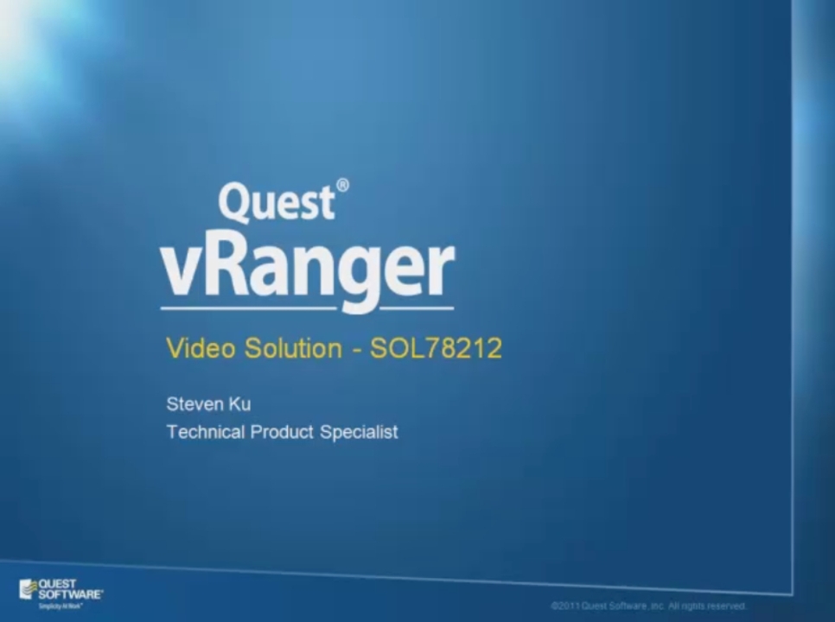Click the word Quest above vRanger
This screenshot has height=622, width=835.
(276, 202)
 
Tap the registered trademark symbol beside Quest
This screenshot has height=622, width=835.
(342, 186)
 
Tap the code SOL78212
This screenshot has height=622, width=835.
(436, 348)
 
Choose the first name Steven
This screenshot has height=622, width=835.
(194, 403)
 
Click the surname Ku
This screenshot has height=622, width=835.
(239, 403)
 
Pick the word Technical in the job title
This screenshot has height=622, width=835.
(205, 432)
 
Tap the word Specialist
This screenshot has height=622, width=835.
(359, 432)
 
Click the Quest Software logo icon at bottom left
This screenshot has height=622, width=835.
(28, 589)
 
